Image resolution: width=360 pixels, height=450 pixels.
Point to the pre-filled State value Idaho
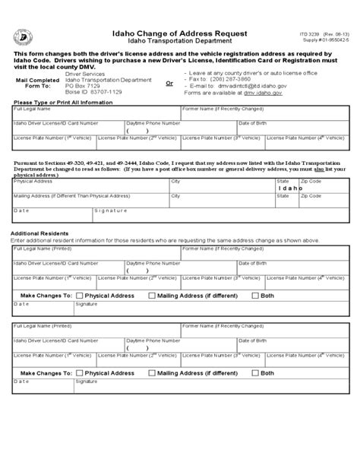tap(286, 188)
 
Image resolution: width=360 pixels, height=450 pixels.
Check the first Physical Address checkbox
tap(79, 295)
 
